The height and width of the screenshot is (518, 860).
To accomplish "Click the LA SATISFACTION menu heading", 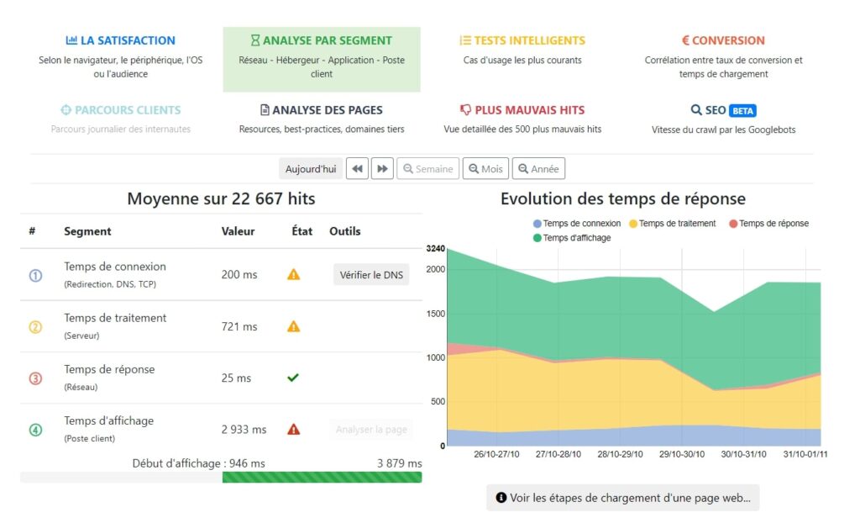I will (x=120, y=40).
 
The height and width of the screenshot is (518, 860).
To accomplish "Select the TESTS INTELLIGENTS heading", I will (x=522, y=40).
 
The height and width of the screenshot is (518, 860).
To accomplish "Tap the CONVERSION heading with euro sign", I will (x=723, y=40).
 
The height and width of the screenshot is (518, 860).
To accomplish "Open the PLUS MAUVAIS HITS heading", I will (x=522, y=110).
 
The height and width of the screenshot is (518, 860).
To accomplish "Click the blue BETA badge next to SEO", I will (x=742, y=110).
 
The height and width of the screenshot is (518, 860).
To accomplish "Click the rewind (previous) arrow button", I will (x=358, y=169).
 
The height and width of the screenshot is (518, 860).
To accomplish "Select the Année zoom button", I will (x=538, y=169).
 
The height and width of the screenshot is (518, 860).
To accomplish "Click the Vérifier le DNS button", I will (x=371, y=275).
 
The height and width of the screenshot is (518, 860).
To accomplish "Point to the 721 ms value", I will (x=239, y=326).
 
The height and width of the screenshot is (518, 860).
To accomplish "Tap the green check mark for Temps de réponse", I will (x=293, y=378).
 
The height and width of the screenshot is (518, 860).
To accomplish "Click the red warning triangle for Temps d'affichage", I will (x=293, y=430).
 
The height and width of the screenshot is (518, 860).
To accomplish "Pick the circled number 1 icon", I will (x=35, y=275).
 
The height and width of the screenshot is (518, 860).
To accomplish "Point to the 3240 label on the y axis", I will (x=436, y=250).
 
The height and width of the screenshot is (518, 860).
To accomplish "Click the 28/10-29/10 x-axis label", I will (x=620, y=455).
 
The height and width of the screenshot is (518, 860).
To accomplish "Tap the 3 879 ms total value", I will (x=400, y=463).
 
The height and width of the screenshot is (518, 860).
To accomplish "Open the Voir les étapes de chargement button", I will (x=622, y=498).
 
